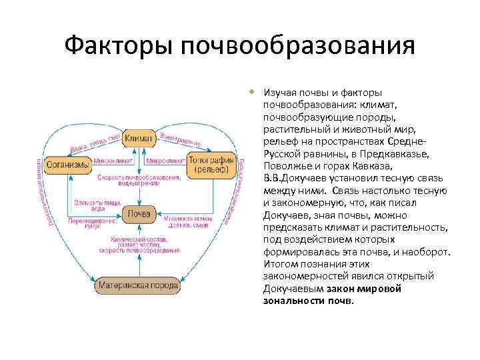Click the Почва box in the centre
click(x=139, y=214)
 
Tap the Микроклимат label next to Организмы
click(x=112, y=161)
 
